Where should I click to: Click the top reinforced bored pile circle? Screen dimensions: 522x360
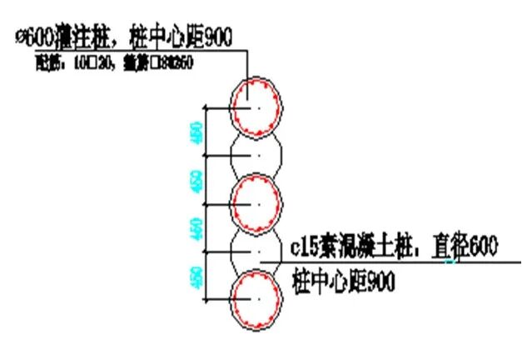coord(258,106)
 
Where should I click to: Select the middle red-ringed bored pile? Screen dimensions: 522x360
coord(258,202)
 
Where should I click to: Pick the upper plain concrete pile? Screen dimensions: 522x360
coord(258,155)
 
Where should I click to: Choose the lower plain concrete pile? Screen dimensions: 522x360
coord(258,250)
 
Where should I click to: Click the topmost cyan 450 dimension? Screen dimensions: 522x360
coord(197,132)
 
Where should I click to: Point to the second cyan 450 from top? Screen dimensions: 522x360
coord(197,180)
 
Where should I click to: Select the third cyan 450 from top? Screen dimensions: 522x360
coord(197,227)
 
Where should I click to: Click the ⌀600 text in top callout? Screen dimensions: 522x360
coord(35,36)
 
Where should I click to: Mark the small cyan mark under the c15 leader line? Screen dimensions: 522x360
coord(450,263)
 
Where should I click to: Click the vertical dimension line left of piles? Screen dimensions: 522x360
coord(207,203)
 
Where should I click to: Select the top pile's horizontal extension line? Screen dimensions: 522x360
coord(225,107)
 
